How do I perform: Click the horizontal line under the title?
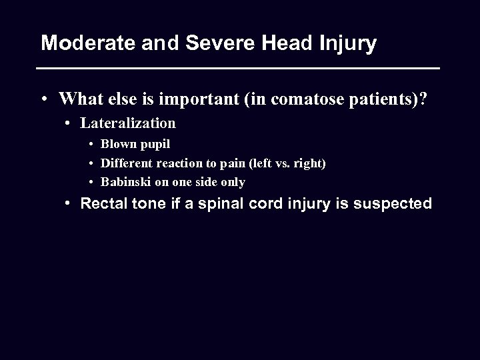coord(238,69)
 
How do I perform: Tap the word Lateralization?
coord(128,123)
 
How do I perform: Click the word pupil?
coord(155,145)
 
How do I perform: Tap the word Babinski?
coord(124,182)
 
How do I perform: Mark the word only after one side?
coord(233,182)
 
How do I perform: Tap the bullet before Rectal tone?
coord(68,204)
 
